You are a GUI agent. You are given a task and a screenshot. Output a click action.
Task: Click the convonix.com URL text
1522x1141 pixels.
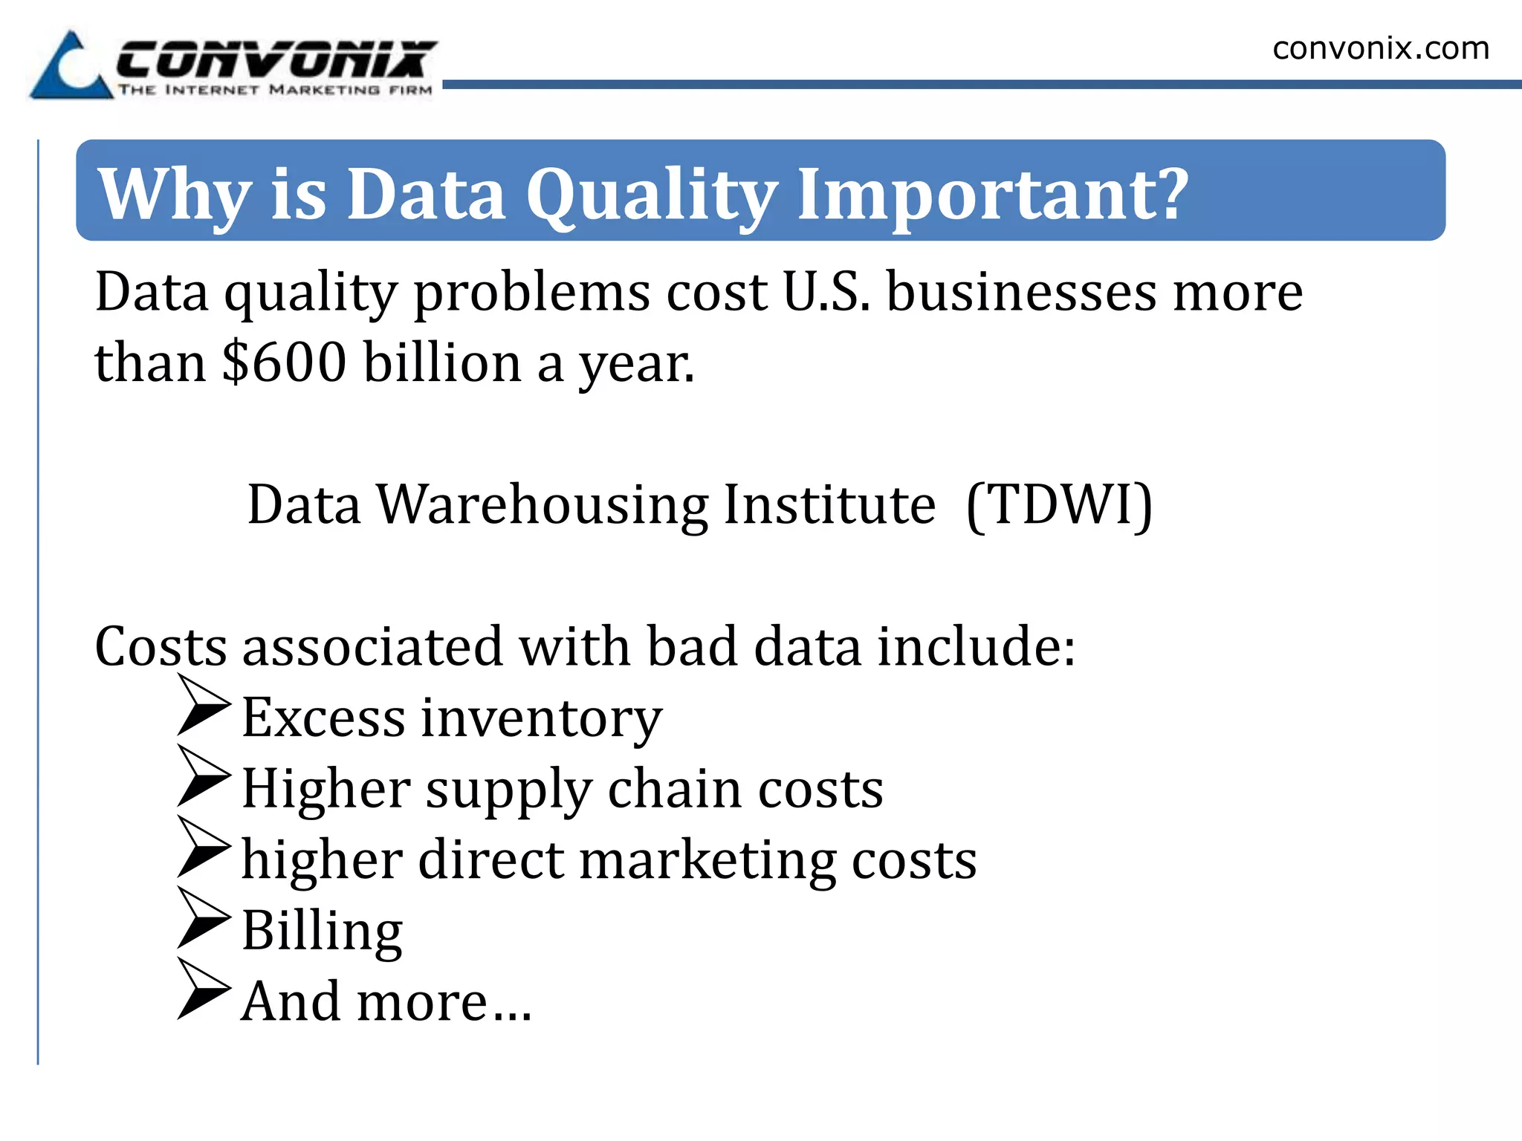(x=1380, y=49)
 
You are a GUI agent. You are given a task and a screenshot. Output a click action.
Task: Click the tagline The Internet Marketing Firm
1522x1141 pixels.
(x=275, y=91)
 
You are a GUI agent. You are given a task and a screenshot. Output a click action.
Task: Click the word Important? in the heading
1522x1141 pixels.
(x=992, y=195)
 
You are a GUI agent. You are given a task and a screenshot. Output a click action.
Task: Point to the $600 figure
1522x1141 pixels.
(x=284, y=363)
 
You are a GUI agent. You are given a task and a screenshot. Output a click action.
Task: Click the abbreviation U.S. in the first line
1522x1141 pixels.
(x=826, y=291)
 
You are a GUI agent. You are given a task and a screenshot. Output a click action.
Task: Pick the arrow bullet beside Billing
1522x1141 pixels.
(x=204, y=917)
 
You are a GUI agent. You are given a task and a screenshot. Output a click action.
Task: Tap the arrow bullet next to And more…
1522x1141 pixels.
(x=204, y=989)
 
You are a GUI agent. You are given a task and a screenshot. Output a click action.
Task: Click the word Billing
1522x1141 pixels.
(x=322, y=931)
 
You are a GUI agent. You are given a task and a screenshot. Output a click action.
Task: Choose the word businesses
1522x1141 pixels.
(x=1021, y=291)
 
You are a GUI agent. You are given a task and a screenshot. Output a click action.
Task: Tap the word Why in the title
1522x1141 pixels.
(x=175, y=195)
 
